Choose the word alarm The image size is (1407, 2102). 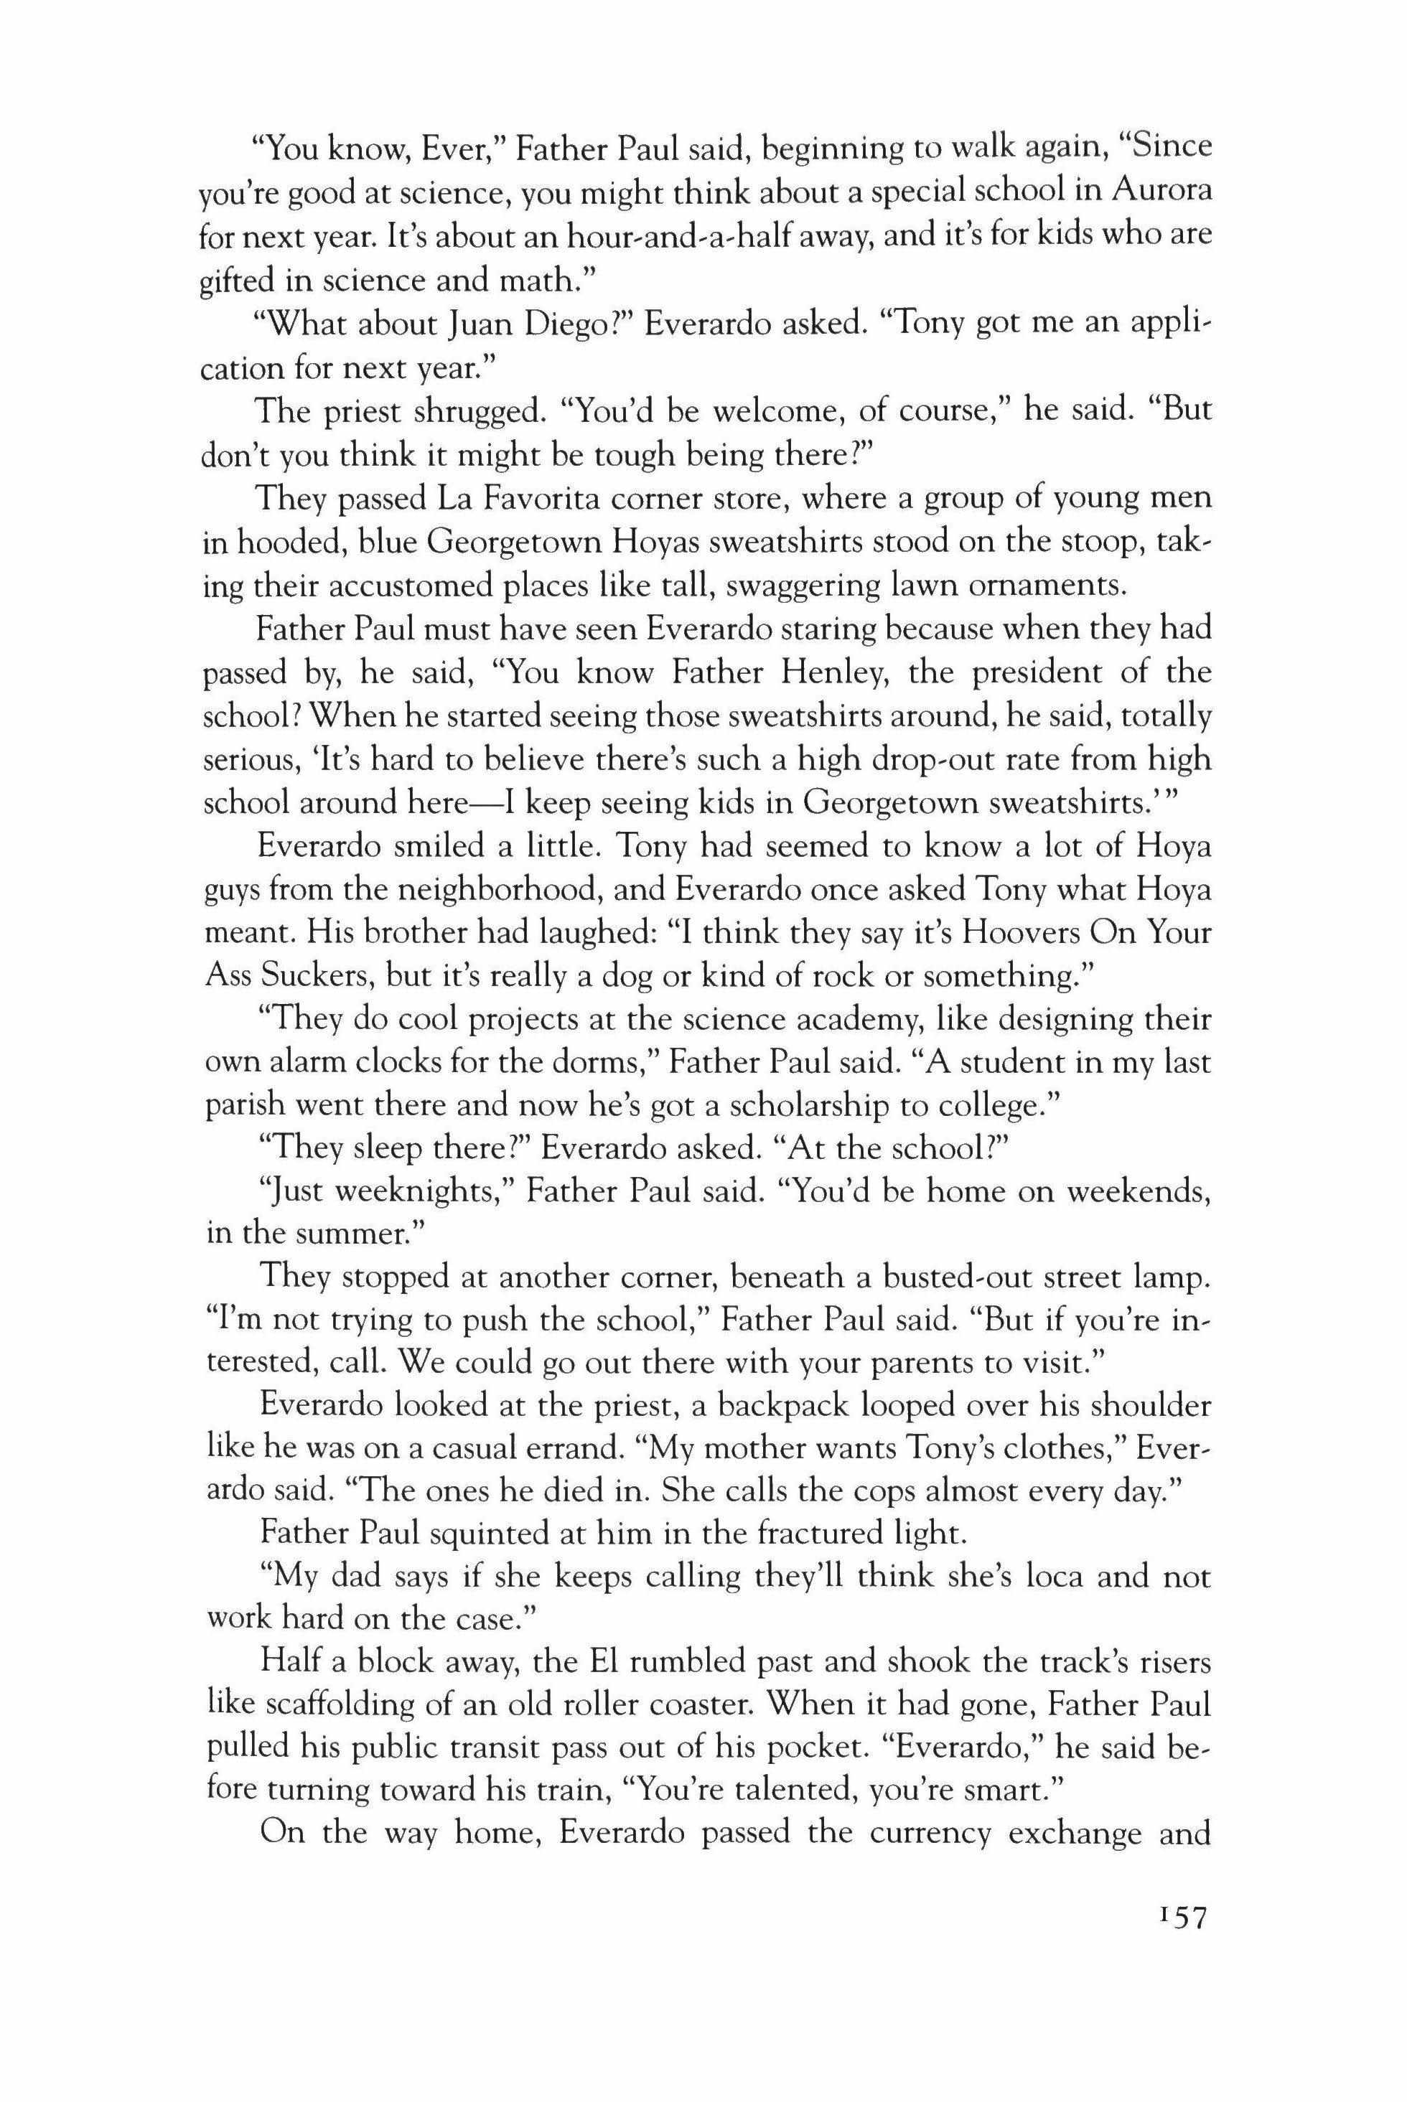click(x=309, y=1063)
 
